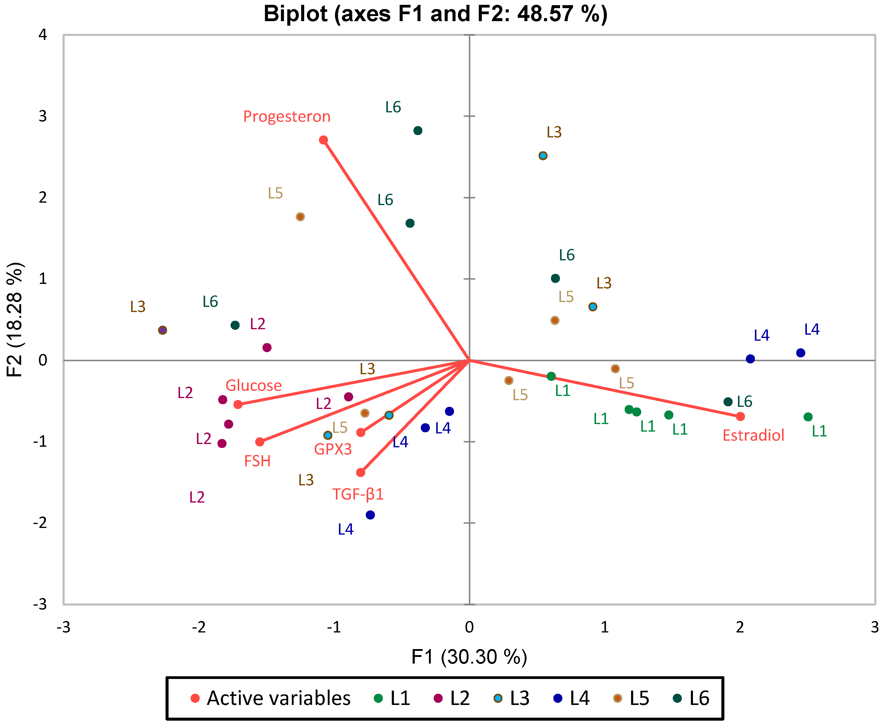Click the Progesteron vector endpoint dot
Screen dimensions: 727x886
click(x=324, y=140)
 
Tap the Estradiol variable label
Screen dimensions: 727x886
click(x=753, y=435)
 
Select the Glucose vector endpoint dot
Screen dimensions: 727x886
click(x=238, y=404)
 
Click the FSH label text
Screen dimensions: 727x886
click(x=257, y=461)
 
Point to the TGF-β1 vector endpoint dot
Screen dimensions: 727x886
click(x=361, y=472)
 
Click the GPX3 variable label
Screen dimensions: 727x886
click(x=333, y=449)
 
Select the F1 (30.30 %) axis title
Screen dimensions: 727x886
click(x=469, y=657)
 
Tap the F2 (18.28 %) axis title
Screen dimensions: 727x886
click(x=15, y=320)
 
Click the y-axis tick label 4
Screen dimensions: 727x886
click(x=43, y=34)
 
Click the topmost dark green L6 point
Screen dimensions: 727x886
click(x=418, y=131)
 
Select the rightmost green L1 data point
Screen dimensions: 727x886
click(x=808, y=417)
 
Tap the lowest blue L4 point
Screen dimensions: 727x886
click(x=370, y=515)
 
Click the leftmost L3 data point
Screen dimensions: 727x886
click(x=163, y=330)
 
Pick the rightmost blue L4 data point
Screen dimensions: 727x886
click(x=801, y=352)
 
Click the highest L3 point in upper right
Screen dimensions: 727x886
click(x=543, y=156)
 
